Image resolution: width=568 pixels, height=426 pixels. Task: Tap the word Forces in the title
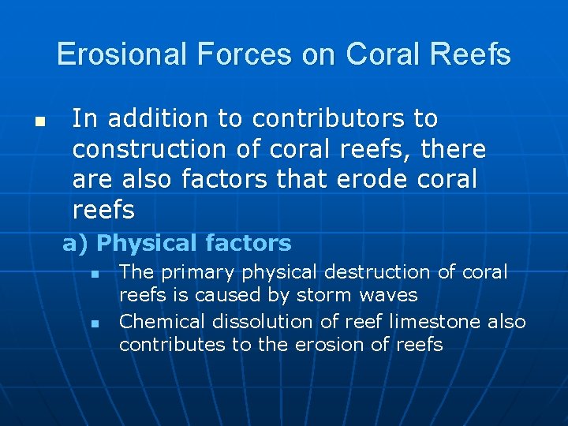(x=231, y=54)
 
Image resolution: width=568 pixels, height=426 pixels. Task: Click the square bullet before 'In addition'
(x=38, y=123)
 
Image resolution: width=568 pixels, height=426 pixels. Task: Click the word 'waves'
(x=392, y=296)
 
